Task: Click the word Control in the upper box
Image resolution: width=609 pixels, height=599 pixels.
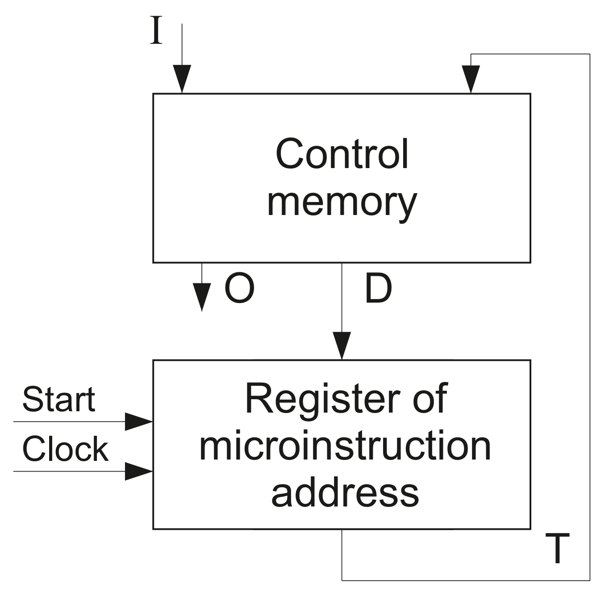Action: coord(342,154)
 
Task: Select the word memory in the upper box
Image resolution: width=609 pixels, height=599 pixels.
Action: coord(342,202)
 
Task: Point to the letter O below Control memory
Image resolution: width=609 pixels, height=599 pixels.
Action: coord(239,289)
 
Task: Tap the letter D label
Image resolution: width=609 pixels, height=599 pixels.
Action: coord(378,289)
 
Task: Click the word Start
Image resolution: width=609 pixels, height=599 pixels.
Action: coord(58,399)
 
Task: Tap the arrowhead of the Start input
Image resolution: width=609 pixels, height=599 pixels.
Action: coord(138,422)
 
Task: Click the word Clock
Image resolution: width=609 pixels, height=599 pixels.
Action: coord(65,449)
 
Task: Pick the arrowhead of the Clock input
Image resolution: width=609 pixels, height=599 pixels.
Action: coord(138,471)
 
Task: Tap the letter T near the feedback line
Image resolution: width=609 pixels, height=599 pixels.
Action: coord(558,548)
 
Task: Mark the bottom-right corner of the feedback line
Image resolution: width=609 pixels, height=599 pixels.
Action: coord(590,580)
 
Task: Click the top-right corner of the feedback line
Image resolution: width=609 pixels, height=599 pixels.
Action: coord(590,54)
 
